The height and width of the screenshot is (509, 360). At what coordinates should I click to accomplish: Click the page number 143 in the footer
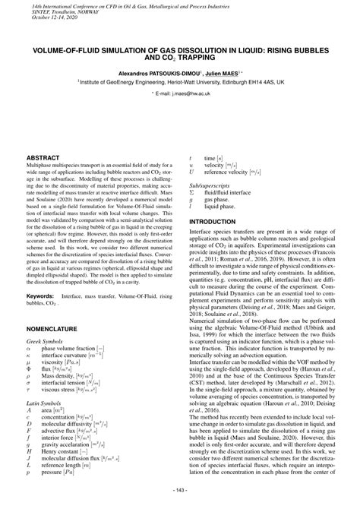[180, 487]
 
